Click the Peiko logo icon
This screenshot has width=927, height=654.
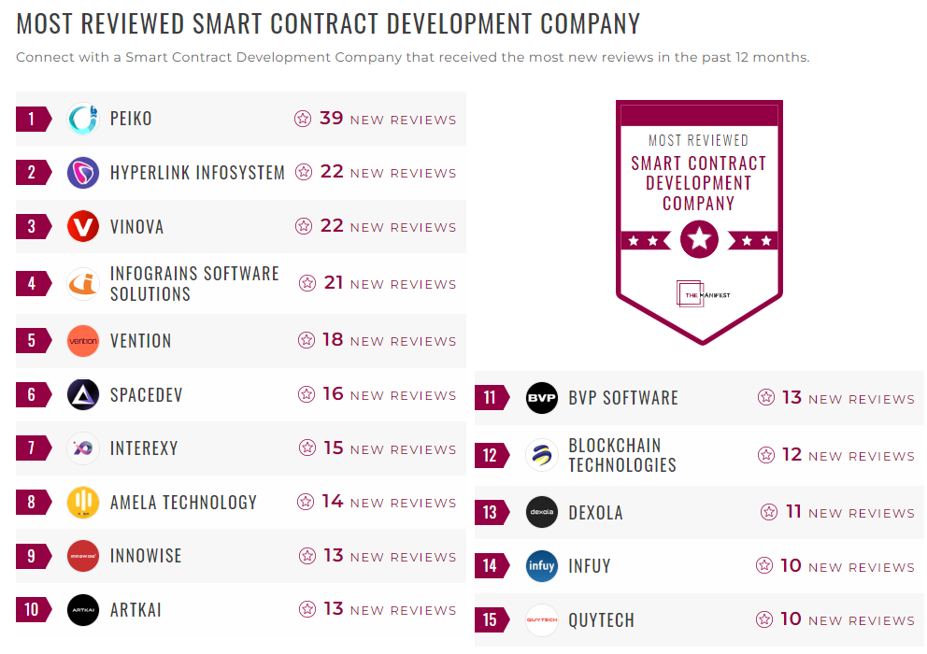[x=83, y=119]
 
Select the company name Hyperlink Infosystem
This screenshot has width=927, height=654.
[x=197, y=173]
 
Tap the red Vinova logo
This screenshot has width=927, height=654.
[x=83, y=226]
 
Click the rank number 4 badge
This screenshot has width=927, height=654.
[x=32, y=283]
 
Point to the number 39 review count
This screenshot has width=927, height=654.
[x=332, y=119]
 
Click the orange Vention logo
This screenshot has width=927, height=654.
[x=83, y=341]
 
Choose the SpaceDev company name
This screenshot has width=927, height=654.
[x=146, y=395]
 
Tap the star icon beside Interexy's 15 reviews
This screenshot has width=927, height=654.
[x=307, y=448]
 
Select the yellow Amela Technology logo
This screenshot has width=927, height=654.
[x=83, y=503]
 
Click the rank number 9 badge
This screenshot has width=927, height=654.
[x=32, y=556]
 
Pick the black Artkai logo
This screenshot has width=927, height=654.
[x=83, y=610]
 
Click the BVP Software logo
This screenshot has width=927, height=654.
[x=542, y=398]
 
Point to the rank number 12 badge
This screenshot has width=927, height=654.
[x=491, y=455]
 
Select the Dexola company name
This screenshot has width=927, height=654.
[x=595, y=513]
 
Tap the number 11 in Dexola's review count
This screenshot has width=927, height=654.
[x=793, y=512]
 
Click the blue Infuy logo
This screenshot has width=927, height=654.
[x=542, y=566]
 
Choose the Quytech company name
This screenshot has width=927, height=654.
[x=601, y=620]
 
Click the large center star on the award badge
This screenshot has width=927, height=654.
[x=699, y=240]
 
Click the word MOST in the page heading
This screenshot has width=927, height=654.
[x=47, y=23]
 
